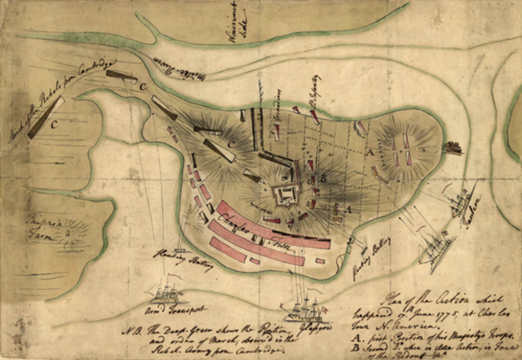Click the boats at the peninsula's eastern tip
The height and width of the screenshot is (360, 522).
tap(452, 148)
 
